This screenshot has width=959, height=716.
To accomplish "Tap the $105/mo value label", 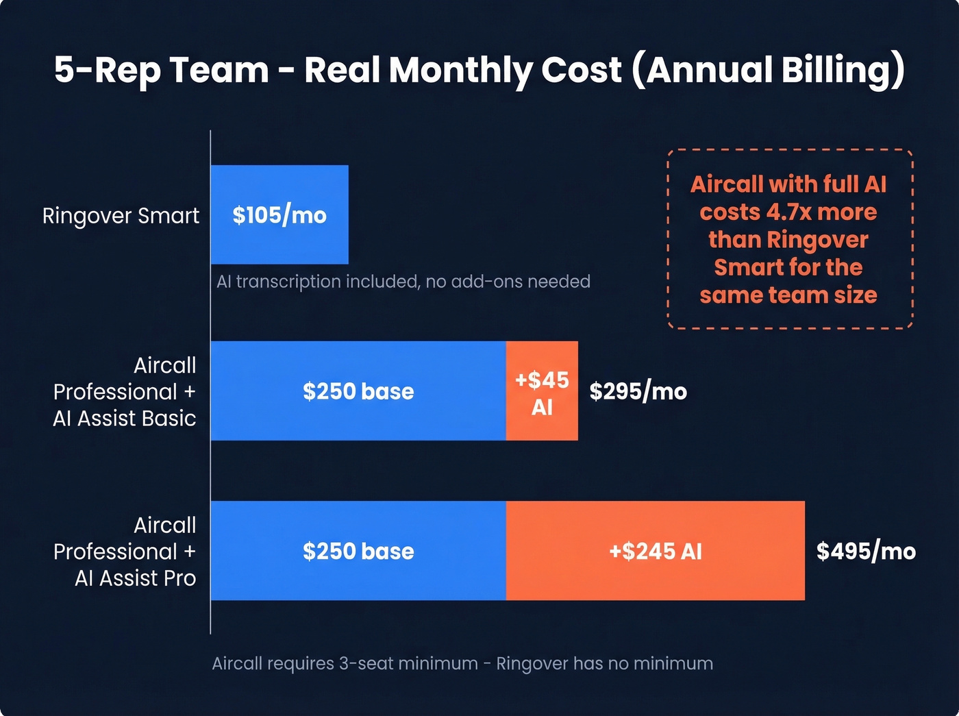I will [279, 215].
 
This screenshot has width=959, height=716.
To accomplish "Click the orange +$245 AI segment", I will [656, 552].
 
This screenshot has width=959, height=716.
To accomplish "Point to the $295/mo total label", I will [638, 392].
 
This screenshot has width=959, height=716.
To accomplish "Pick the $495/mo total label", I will [866, 552].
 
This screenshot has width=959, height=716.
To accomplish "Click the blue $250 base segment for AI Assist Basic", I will [358, 392].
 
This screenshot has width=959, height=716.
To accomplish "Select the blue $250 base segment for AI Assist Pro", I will [358, 552].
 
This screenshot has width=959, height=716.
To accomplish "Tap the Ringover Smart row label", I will [121, 216].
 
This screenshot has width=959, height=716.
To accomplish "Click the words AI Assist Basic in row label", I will [125, 419].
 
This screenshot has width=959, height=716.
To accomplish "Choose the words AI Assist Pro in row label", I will [136, 578].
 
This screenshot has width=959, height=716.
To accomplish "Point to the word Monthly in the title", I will [460, 70].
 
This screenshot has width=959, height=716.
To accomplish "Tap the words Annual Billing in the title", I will [774, 70].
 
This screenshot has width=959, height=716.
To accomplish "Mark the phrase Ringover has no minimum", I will [604, 663].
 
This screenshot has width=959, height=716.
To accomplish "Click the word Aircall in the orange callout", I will [726, 184].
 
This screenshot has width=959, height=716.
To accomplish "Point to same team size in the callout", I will [788, 295].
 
